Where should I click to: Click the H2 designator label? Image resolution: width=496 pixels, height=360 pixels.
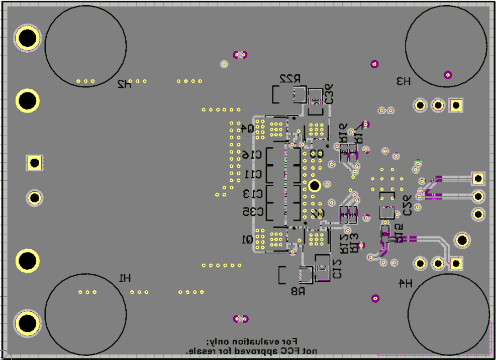point(124,84)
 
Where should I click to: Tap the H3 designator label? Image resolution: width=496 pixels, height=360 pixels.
point(403,81)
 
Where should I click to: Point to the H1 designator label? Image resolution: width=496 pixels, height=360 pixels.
point(125,277)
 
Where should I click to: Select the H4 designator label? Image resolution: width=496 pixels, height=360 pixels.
point(405,284)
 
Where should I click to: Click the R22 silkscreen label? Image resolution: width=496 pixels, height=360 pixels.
point(290,79)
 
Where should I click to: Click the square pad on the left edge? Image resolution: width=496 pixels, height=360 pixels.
point(34,163)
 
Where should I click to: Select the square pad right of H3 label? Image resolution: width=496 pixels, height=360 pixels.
point(456,105)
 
